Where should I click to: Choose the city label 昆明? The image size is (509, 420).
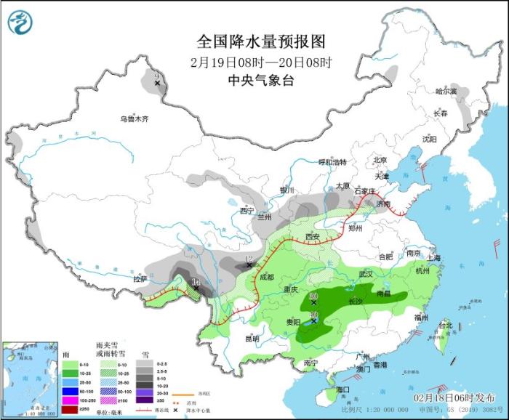click(x=252, y=338)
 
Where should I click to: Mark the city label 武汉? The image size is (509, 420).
click(x=365, y=274)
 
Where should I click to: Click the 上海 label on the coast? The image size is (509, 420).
click(x=434, y=257)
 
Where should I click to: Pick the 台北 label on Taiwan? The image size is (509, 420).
click(x=445, y=326)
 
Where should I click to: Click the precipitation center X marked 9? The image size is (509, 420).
click(x=157, y=85)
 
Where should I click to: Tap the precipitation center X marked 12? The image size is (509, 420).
click(x=249, y=266)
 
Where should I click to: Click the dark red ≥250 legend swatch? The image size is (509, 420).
click(x=70, y=408)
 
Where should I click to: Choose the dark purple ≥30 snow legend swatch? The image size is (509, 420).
click(x=148, y=399)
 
